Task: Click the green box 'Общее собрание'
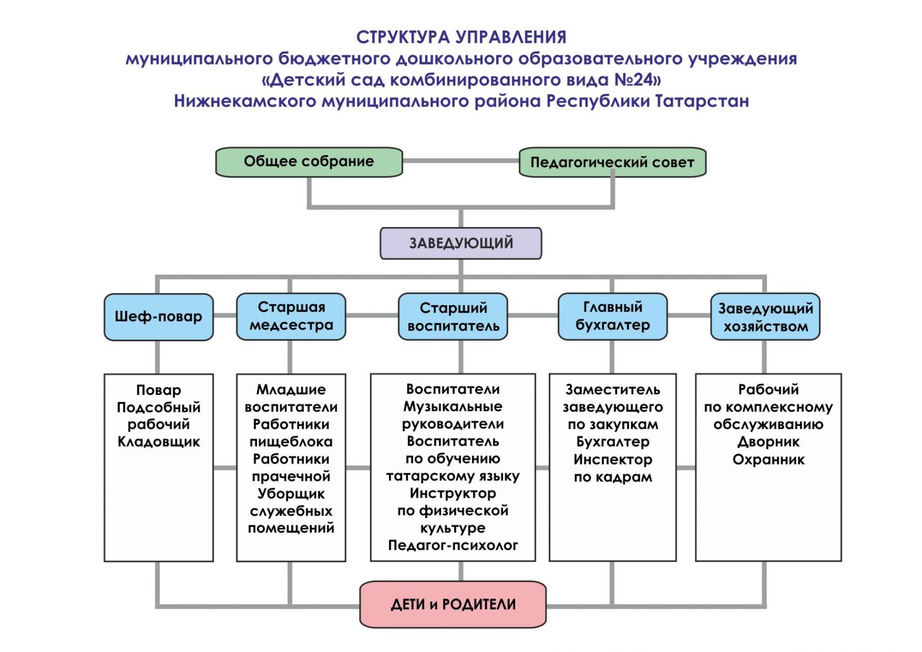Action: [308, 162]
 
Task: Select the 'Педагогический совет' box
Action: [612, 163]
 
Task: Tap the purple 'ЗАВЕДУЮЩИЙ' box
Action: [460, 243]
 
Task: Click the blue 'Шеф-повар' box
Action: [158, 316]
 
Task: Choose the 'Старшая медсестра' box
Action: [291, 316]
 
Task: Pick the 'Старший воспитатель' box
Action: [453, 316]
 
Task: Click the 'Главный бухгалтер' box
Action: [613, 316]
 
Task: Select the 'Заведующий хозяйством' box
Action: [765, 317]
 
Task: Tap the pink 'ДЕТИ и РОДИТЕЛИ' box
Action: [453, 604]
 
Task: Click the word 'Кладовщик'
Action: [158, 442]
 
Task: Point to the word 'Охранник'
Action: [768, 459]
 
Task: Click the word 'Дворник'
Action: [768, 442]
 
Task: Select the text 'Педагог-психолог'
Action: [453, 545]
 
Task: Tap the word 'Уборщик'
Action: [291, 494]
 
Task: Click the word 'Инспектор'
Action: [613, 459]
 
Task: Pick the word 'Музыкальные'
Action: [453, 407]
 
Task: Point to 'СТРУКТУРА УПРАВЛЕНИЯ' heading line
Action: [461, 37]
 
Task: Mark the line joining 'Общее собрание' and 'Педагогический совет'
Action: [460, 161]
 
